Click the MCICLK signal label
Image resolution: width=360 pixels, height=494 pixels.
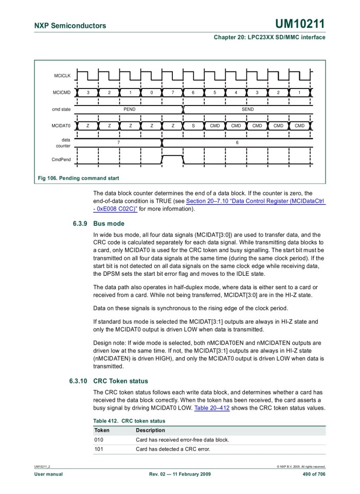pos(62,76)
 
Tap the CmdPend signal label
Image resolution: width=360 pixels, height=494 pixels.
pos(62,160)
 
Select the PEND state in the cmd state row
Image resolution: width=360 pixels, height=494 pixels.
pos(129,110)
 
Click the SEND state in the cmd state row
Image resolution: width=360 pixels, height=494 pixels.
pos(247,110)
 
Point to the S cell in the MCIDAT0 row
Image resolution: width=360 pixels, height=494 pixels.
pos(193,126)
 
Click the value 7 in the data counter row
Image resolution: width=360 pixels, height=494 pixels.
pos(118,142)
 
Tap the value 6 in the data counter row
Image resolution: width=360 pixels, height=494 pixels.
pos(237,142)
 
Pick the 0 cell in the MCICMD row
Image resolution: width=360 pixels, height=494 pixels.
pos(151,93)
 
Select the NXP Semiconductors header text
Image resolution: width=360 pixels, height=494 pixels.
pos(70,26)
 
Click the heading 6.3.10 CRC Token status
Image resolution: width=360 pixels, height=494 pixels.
pos(109,381)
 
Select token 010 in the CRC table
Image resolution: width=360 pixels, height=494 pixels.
pos(99,439)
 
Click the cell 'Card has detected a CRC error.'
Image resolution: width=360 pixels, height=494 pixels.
pos(174,449)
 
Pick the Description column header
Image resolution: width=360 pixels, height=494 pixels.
pos(150,430)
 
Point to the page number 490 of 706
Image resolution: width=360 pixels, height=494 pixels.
pos(310,474)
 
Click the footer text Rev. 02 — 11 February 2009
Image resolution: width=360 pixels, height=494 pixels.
pos(180,474)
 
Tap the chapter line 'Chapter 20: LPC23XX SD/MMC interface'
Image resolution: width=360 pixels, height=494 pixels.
pos(267,37)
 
